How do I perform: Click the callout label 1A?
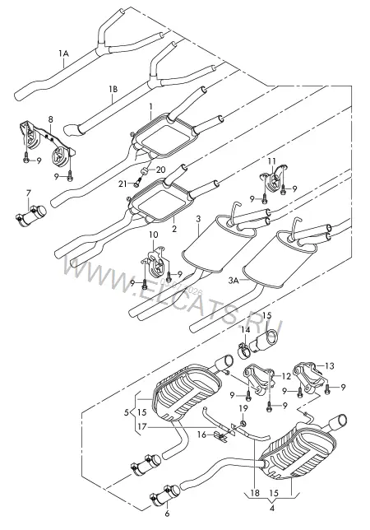[63, 53]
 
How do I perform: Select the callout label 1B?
[113, 89]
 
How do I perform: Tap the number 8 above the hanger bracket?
[51, 119]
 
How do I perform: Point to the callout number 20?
[160, 170]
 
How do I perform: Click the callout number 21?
[123, 184]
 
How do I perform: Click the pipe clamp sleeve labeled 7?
[31, 215]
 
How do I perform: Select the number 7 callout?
[28, 193]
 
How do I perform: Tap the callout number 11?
[272, 160]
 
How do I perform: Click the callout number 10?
[153, 235]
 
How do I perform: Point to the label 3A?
[234, 280]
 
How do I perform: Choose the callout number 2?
[174, 229]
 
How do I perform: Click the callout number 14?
[245, 330]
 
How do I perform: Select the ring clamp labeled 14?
[244, 350]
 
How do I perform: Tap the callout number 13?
[330, 365]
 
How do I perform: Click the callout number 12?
[286, 375]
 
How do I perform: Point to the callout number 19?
[243, 409]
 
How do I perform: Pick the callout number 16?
[201, 435]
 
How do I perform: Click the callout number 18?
[255, 493]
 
